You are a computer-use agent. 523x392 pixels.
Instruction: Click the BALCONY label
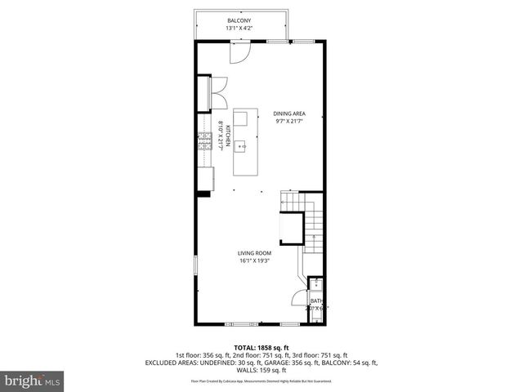point(239,20)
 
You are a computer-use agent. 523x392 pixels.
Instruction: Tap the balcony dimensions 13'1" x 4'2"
point(239,29)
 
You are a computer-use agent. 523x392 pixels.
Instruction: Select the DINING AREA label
point(289,114)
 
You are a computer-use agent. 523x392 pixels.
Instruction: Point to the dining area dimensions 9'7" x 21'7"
point(289,122)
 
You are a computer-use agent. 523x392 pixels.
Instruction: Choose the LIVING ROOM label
point(255,253)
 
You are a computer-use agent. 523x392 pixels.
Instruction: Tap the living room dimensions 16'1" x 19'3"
point(255,261)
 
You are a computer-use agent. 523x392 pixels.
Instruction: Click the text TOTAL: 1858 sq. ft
point(261,348)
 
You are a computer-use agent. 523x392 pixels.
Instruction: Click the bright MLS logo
point(33,381)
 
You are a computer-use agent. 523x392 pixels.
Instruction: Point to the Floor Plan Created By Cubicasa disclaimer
point(261,381)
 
